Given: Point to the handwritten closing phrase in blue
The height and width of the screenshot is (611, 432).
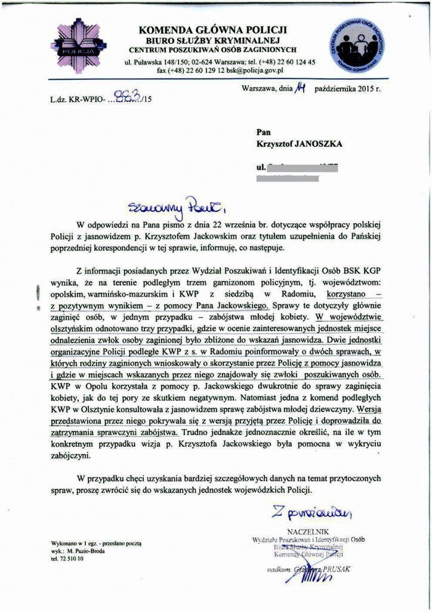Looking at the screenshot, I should click(x=313, y=513).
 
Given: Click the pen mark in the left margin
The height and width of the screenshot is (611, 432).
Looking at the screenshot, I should click(x=38, y=294).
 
